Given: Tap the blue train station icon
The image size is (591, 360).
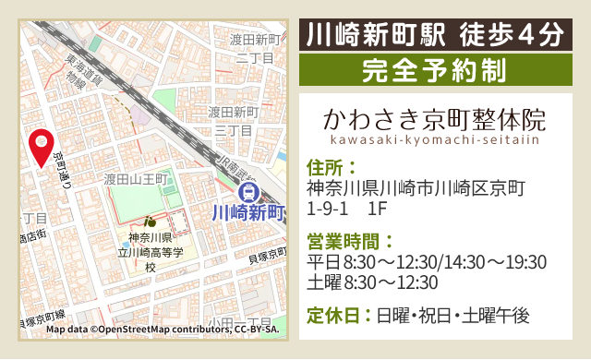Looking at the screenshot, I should pos(247,192).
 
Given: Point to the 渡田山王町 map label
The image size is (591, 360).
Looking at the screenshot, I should pos(134,178).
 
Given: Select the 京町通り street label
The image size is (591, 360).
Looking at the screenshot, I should pos(63,171).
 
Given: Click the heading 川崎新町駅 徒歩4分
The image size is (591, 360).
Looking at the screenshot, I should pos(433,35).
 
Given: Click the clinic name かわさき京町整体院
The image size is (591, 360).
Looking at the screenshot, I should pos(433,120).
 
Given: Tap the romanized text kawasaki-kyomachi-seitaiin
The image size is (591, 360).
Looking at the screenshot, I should pos(433,140).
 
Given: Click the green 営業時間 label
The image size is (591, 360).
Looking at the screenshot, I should pos(349,242).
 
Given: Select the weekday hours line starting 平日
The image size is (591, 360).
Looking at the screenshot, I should pos(426,262).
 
